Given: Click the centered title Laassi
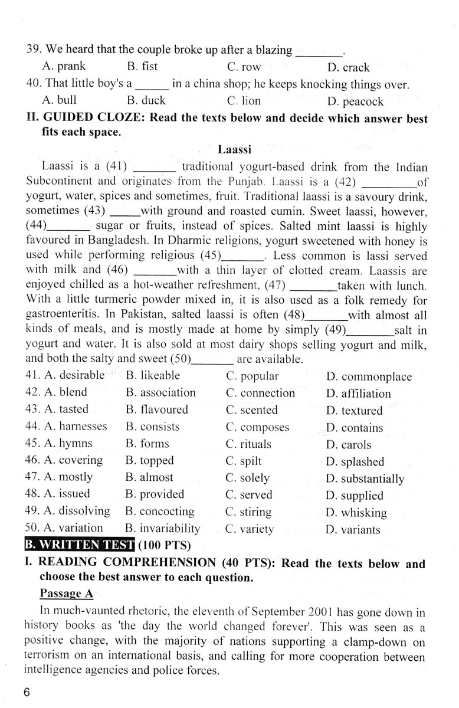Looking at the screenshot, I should pyautogui.click(x=235, y=150).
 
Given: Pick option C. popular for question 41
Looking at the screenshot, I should pyautogui.click(x=252, y=375).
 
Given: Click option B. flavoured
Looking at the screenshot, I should pyautogui.click(x=157, y=409).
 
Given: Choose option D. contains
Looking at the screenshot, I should pyautogui.click(x=354, y=428).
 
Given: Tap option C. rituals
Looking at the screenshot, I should pyautogui.click(x=248, y=444).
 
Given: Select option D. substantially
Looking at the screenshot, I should pyautogui.click(x=365, y=478).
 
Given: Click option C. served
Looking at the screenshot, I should pyautogui.click(x=249, y=494).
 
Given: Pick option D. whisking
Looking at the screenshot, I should pyautogui.click(x=356, y=513).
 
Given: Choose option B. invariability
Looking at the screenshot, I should pyautogui.click(x=163, y=528).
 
